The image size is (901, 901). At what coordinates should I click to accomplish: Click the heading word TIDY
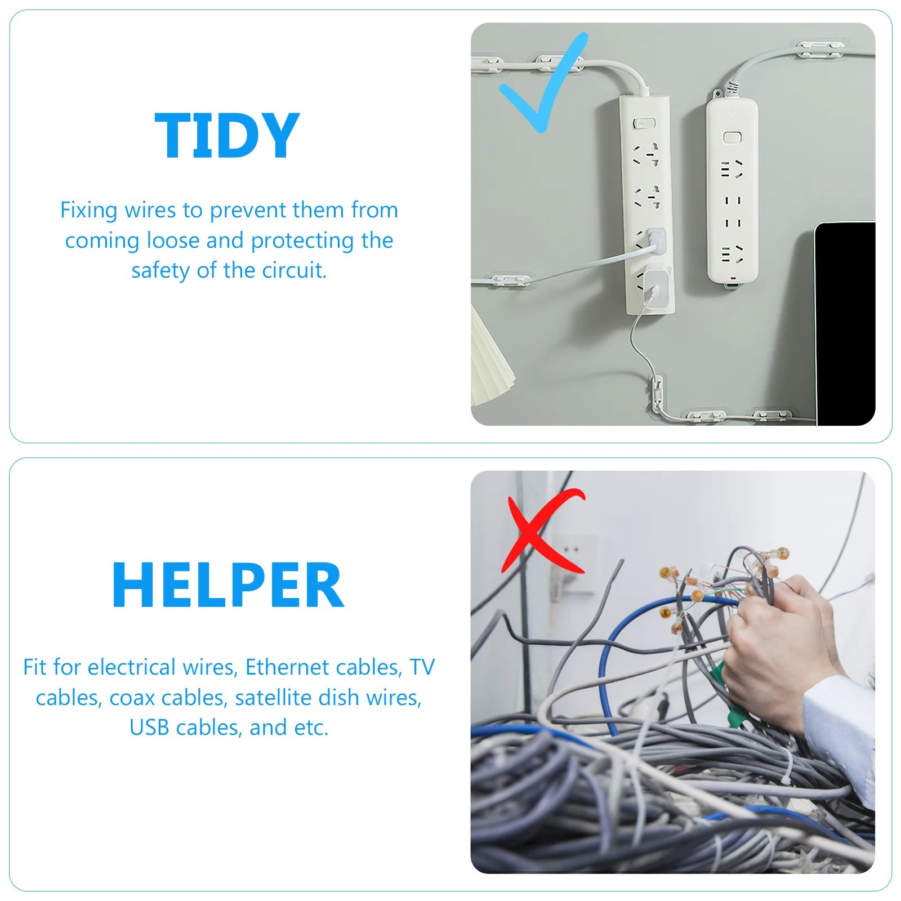227,136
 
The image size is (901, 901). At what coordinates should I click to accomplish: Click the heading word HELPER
228,586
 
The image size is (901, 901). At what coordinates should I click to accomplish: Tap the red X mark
542,532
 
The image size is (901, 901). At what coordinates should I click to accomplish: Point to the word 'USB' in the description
150,728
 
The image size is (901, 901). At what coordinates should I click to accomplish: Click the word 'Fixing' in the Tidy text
89,210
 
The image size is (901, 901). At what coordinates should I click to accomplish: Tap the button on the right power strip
732,137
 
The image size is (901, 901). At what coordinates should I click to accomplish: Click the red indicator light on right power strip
733,278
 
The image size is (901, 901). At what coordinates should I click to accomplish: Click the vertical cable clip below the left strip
656,391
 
